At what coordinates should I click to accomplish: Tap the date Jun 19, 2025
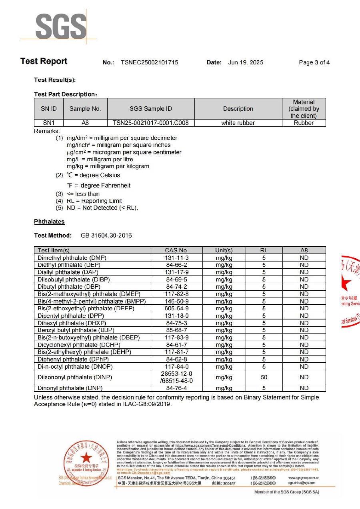(246, 62)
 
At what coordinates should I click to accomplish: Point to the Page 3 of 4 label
(314, 62)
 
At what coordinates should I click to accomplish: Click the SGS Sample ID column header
(151, 109)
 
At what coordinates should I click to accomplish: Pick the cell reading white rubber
(238, 123)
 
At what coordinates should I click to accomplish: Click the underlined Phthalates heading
(49, 222)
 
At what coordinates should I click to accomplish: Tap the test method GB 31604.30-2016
(106, 236)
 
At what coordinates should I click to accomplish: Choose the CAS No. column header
(176, 250)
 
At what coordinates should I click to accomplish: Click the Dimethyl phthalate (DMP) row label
(72, 258)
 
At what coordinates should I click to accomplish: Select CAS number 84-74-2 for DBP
(176, 287)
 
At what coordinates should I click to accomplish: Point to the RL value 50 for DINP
(264, 377)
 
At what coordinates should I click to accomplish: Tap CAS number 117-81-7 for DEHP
(176, 352)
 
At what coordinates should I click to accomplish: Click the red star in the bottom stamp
(86, 458)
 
